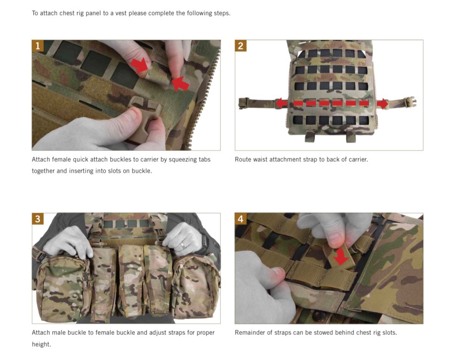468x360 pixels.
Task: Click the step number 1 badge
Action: click(x=37, y=46)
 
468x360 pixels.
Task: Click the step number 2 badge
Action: click(x=240, y=46)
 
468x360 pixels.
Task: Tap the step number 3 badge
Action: click(x=37, y=219)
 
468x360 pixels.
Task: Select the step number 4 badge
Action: click(x=240, y=219)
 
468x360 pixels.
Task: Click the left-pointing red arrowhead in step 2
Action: click(x=281, y=103)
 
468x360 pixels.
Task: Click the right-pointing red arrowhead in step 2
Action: click(x=383, y=104)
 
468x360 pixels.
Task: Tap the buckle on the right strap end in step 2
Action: click(x=410, y=102)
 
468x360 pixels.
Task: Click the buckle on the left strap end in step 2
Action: click(x=244, y=103)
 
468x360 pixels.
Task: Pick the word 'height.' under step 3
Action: click(x=42, y=344)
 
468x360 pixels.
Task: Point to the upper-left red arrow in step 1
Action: click(x=139, y=65)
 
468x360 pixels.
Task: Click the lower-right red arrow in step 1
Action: click(x=181, y=84)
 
